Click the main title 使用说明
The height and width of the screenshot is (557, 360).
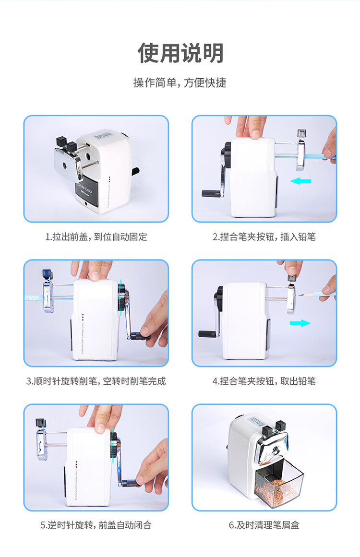[180, 53]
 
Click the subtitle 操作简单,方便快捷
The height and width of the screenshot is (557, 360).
[180, 83]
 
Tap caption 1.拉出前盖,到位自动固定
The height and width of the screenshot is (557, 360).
[96, 237]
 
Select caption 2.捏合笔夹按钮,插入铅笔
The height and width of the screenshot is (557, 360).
[264, 237]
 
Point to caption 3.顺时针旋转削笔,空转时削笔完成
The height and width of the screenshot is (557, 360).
[96, 381]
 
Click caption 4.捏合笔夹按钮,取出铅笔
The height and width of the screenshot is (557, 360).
[264, 381]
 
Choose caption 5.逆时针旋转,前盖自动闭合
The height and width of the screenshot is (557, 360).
[96, 525]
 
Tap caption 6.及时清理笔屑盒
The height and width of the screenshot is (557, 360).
[264, 525]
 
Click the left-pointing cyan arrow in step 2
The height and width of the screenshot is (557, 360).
[300, 181]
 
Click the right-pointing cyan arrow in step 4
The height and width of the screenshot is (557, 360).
[300, 323]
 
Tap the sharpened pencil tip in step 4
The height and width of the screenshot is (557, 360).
[300, 295]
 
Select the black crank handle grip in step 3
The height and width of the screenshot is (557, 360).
[140, 336]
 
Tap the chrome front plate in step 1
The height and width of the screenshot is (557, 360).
[68, 163]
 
